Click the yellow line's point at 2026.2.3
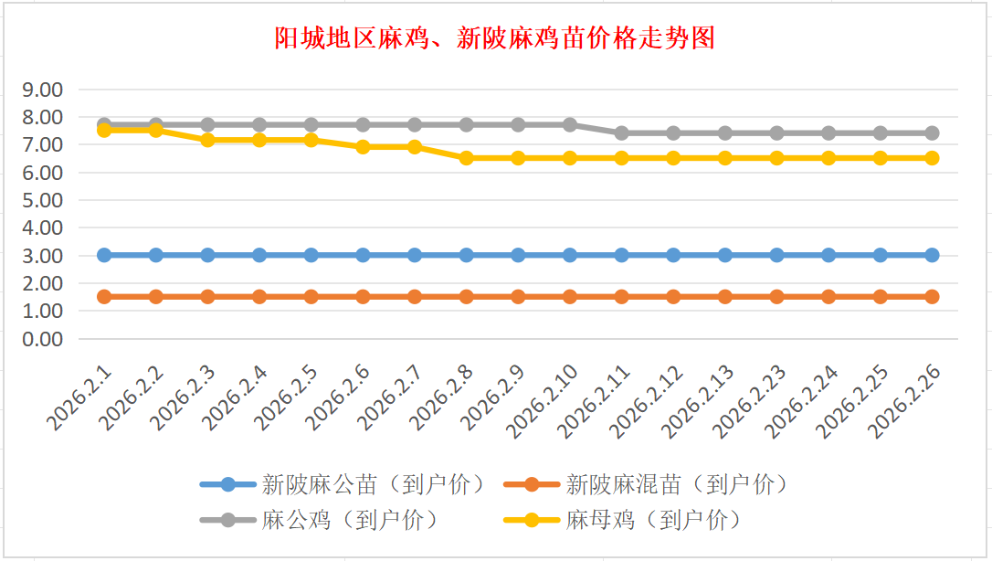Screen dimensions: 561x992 [207, 140]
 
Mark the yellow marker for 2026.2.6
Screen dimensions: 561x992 [363, 147]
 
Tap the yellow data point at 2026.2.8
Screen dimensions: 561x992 [466, 158]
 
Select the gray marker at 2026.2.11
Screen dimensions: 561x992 [621, 132]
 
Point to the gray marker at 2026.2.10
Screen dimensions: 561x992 [570, 124]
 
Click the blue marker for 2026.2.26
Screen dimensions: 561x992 [932, 255]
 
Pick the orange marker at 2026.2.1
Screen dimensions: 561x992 [104, 296]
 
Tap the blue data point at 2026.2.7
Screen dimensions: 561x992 [415, 255]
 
